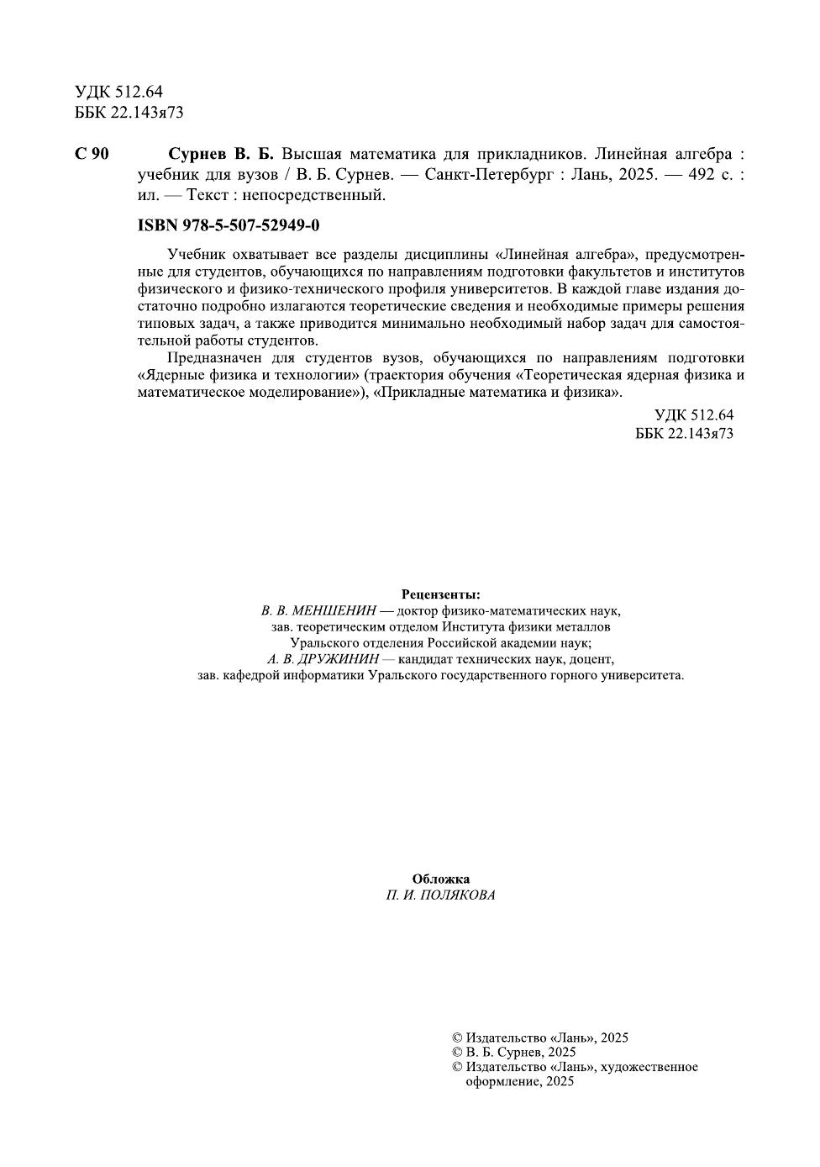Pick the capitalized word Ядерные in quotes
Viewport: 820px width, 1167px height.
[x=169, y=375]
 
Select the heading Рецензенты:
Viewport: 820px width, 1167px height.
[x=440, y=594]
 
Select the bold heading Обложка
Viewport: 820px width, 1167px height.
[x=440, y=879]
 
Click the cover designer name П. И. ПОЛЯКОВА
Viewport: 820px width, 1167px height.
[x=440, y=895]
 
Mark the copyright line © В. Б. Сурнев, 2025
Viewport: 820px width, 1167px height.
[x=513, y=1052]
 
